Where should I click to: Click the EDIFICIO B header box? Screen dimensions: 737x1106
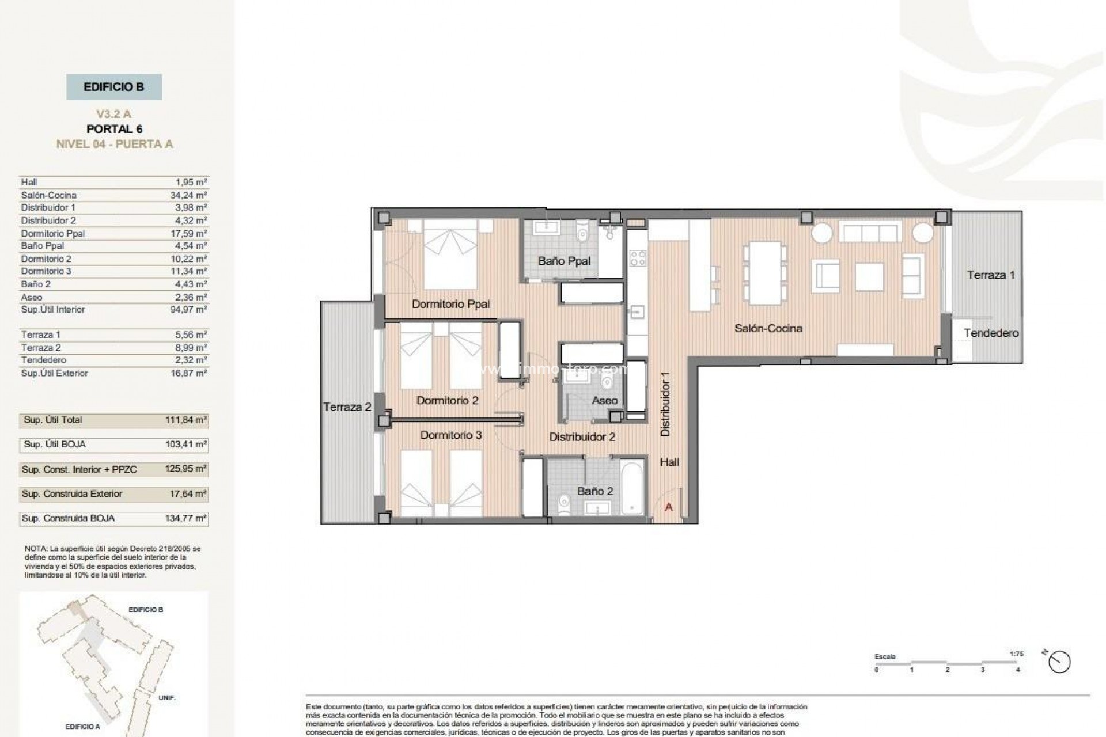click(114, 88)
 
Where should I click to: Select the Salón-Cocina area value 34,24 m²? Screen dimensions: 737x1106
click(188, 195)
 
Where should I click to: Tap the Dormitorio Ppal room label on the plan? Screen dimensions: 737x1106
click(450, 304)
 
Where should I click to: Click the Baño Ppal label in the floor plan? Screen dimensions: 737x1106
click(564, 261)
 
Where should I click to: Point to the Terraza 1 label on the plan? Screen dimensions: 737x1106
click(991, 275)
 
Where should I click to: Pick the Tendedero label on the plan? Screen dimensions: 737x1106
click(991, 333)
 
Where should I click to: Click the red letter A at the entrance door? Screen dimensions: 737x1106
click(669, 507)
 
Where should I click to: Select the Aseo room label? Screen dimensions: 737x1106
click(604, 400)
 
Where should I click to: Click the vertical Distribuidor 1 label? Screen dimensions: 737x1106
click(665, 403)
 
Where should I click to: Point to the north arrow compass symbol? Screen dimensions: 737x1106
click(1059, 662)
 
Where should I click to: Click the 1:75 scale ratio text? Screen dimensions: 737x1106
click(1016, 654)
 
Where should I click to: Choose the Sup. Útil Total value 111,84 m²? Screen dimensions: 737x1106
click(185, 420)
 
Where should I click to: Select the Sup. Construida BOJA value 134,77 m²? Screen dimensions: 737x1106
click(185, 518)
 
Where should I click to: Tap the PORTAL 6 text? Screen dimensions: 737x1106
click(114, 129)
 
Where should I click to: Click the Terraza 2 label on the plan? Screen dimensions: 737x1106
click(347, 407)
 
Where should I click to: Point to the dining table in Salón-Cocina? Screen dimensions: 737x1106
click(764, 273)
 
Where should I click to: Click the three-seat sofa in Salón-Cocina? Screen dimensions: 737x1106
click(870, 233)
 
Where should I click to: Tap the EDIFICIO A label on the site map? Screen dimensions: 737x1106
click(82, 727)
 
